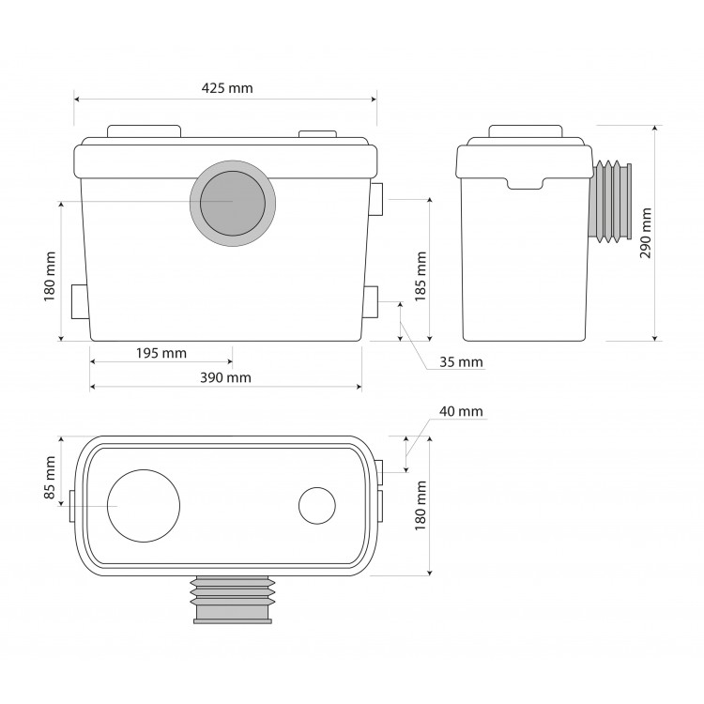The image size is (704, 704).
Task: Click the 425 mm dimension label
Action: click(x=227, y=88)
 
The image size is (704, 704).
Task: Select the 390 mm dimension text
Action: click(x=225, y=377)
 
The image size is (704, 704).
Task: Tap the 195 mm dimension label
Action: click(x=161, y=353)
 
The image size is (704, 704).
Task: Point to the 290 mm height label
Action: click(x=646, y=233)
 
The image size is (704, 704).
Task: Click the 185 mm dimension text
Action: click(x=421, y=276)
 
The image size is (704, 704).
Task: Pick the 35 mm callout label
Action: click(x=461, y=362)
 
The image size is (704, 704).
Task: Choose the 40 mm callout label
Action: click(x=461, y=411)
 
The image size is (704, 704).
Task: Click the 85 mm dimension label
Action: click(x=50, y=477)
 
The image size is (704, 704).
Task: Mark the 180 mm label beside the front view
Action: click(x=50, y=277)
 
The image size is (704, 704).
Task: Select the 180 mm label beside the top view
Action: click(x=421, y=506)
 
